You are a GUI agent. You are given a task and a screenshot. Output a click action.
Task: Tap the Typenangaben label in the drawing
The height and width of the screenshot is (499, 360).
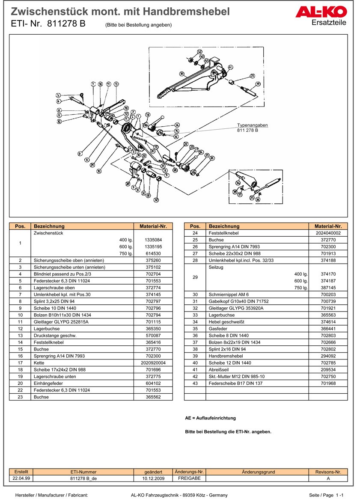(x=253, y=125)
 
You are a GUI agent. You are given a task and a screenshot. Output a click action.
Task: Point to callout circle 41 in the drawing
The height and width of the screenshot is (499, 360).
(x=230, y=67)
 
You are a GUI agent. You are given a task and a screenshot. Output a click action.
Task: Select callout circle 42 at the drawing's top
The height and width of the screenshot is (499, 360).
(x=199, y=52)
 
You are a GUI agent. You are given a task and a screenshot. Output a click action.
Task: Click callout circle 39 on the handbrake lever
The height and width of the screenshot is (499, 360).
(x=181, y=74)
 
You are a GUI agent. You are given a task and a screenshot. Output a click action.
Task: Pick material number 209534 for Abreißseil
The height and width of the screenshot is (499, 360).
(x=328, y=370)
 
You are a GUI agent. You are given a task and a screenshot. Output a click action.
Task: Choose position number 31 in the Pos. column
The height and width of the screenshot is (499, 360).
(x=195, y=301)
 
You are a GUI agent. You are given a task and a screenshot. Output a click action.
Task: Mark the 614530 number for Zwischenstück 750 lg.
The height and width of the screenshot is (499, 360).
(x=153, y=253)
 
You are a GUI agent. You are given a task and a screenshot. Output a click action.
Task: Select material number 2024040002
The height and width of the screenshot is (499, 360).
(x=328, y=233)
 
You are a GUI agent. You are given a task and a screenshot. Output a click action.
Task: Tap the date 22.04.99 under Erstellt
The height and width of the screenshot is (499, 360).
(x=21, y=478)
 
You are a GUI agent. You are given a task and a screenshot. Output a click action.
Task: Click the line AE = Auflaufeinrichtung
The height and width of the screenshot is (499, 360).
(x=210, y=418)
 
